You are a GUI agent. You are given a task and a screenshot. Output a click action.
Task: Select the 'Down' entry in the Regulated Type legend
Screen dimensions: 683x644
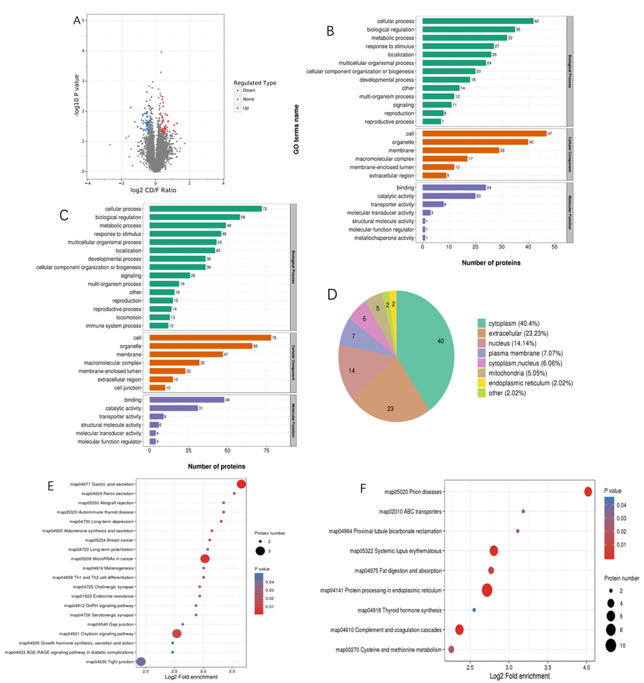click(249, 90)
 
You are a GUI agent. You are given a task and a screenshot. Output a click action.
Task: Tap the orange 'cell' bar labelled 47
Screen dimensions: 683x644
click(484, 134)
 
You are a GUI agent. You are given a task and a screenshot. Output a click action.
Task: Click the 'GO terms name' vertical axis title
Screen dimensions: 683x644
click(296, 129)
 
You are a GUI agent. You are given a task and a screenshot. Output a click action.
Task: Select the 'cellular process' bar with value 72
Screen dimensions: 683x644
click(205, 209)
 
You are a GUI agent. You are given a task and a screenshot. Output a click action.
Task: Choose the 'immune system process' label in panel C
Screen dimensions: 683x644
click(113, 326)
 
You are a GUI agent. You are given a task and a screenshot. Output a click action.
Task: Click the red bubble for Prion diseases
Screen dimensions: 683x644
click(588, 492)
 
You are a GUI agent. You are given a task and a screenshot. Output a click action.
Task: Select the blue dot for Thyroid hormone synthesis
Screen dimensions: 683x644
click(474, 610)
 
